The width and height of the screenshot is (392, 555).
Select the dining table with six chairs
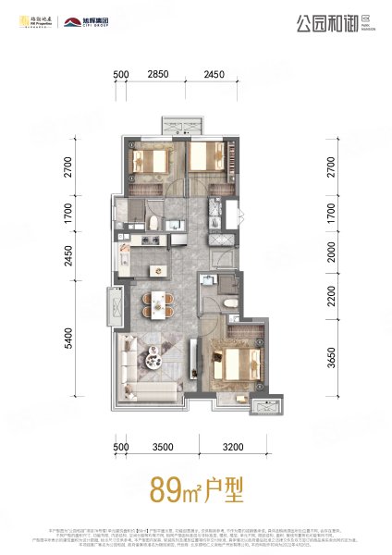coord(161,303)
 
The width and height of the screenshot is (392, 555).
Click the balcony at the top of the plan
coord(176,126)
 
